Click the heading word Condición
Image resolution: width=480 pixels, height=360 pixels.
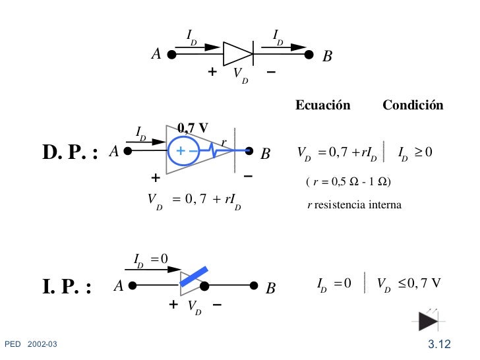[413, 106]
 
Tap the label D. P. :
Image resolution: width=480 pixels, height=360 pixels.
[71, 154]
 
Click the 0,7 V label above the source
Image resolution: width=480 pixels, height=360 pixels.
[194, 127]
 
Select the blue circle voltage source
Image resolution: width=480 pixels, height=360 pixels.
[185, 151]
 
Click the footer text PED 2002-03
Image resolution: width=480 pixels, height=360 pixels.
[32, 344]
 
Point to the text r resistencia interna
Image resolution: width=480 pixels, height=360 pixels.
[354, 206]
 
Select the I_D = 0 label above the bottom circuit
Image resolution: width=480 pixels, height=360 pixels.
[151, 258]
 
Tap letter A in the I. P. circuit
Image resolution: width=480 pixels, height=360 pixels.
[118, 287]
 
